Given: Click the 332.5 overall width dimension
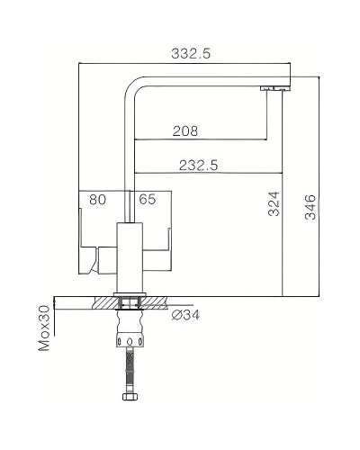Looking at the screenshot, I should [191, 54].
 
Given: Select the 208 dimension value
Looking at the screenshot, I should [185, 131].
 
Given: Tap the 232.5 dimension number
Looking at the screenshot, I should [200, 165].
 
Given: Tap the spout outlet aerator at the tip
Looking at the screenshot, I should [272, 88].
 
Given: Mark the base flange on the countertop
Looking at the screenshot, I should [130, 294].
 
